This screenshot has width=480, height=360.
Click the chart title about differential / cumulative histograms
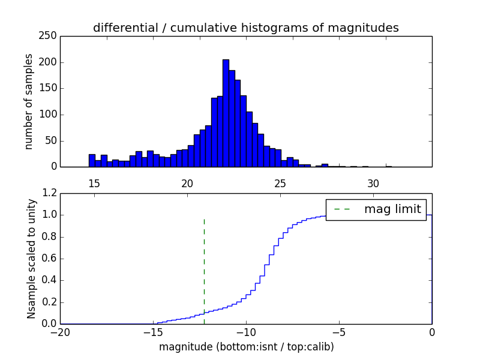click(x=245, y=28)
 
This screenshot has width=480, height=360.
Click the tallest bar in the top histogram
click(x=226, y=114)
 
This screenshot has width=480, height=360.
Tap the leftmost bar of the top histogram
click(x=92, y=161)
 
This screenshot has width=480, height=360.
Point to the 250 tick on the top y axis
click(x=50, y=36)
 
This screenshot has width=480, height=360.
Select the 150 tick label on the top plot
click(x=50, y=88)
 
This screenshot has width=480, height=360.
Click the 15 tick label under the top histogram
click(x=94, y=184)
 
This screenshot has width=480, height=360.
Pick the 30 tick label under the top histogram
click(x=373, y=184)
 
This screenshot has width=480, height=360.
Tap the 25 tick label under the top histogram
click(x=280, y=184)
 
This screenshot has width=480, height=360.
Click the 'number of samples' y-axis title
click(x=29, y=101)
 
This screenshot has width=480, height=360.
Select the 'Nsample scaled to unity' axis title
click(x=31, y=259)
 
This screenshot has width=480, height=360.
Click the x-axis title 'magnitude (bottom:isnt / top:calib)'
click(x=247, y=347)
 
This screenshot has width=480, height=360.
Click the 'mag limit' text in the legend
click(x=393, y=209)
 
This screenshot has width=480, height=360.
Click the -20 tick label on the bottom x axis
click(x=60, y=332)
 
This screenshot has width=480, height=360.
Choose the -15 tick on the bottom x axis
click(x=153, y=332)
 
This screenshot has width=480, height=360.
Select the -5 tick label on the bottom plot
click(x=339, y=332)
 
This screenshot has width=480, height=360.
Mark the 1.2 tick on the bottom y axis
click(x=50, y=193)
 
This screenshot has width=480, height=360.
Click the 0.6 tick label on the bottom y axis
click(x=50, y=259)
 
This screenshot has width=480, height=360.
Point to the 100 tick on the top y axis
click(x=50, y=115)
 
